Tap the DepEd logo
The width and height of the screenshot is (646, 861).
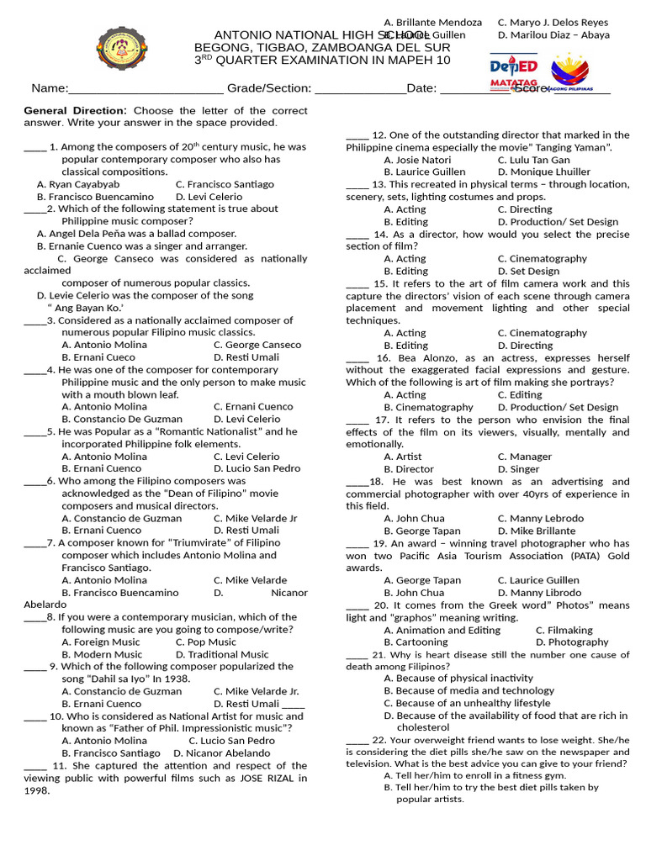click(x=514, y=68)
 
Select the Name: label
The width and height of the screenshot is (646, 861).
click(x=49, y=88)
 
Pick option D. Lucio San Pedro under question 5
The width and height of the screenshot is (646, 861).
click(x=257, y=468)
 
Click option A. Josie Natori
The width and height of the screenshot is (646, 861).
click(x=417, y=160)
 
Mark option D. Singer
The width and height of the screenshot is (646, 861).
click(x=519, y=469)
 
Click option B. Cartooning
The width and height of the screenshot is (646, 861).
click(x=416, y=642)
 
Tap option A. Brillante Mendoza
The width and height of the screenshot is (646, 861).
click(x=432, y=23)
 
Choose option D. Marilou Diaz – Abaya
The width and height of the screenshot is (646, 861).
click(x=553, y=35)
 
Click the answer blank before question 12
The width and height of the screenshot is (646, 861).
click(x=357, y=135)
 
